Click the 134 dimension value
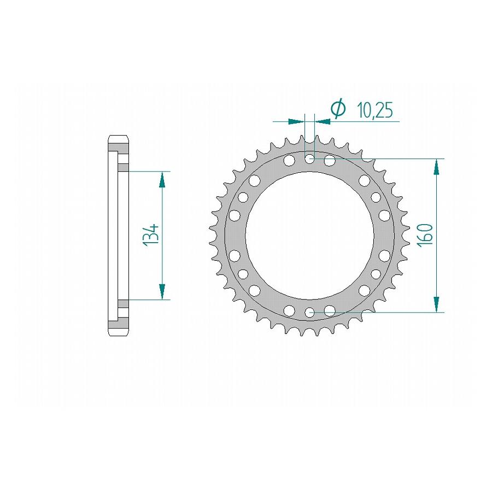point(151,235)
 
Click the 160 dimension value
point(425,235)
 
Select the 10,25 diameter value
point(375,110)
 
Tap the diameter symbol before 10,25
point(338,109)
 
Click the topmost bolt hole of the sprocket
point(310,159)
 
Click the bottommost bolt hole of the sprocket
point(310,312)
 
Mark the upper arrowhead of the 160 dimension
point(436,167)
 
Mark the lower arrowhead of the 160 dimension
point(436,304)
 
